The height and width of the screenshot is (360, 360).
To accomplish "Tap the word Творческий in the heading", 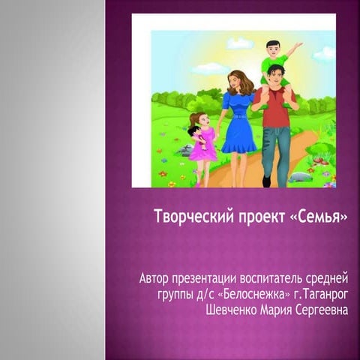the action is pos(194,216).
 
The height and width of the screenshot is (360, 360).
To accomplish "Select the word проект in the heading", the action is pos(262,217).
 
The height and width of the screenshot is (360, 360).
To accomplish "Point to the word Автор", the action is pos(154,278).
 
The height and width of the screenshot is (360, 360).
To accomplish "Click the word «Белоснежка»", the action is pos(253,295).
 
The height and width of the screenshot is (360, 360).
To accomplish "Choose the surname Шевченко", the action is pos(232,310).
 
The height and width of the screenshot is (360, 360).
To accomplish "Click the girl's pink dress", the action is pos(203,145).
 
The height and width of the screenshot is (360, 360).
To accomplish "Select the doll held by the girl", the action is pos(197,136).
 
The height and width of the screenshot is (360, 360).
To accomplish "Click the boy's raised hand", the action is pos(298,45).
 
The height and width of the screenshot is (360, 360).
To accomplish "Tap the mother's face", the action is pos(234,81).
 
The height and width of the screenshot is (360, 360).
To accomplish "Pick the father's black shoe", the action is pos(266,181).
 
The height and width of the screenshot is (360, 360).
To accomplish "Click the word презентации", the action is pos(204,279).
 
